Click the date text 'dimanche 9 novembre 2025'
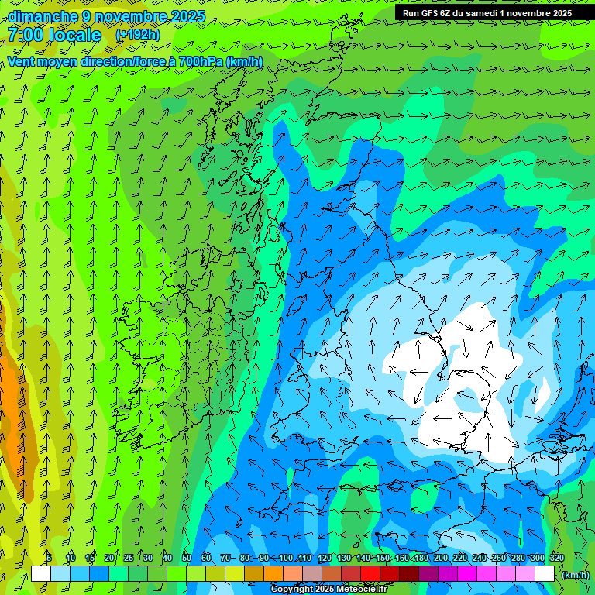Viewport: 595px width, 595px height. (x=106, y=16)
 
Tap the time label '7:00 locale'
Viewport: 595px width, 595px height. (x=54, y=35)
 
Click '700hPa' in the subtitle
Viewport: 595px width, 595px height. (x=201, y=61)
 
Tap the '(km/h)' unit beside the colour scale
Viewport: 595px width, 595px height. (x=575, y=575)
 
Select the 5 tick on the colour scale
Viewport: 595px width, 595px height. (x=49, y=559)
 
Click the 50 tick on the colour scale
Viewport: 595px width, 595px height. (x=187, y=559)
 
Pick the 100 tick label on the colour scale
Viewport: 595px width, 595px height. (x=286, y=559)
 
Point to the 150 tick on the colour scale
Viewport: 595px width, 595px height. (x=383, y=559)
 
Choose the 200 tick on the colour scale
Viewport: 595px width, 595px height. (x=441, y=559)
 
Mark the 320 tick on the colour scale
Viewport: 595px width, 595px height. (x=556, y=559)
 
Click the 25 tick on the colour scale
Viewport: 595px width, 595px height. (x=128, y=559)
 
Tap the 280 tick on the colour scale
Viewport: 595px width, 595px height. (x=518, y=559)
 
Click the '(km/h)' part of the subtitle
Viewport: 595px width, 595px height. (x=246, y=61)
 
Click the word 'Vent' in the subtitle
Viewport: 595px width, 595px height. (x=22, y=61)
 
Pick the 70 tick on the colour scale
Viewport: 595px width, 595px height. (x=225, y=559)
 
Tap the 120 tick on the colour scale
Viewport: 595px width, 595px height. (x=325, y=559)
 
